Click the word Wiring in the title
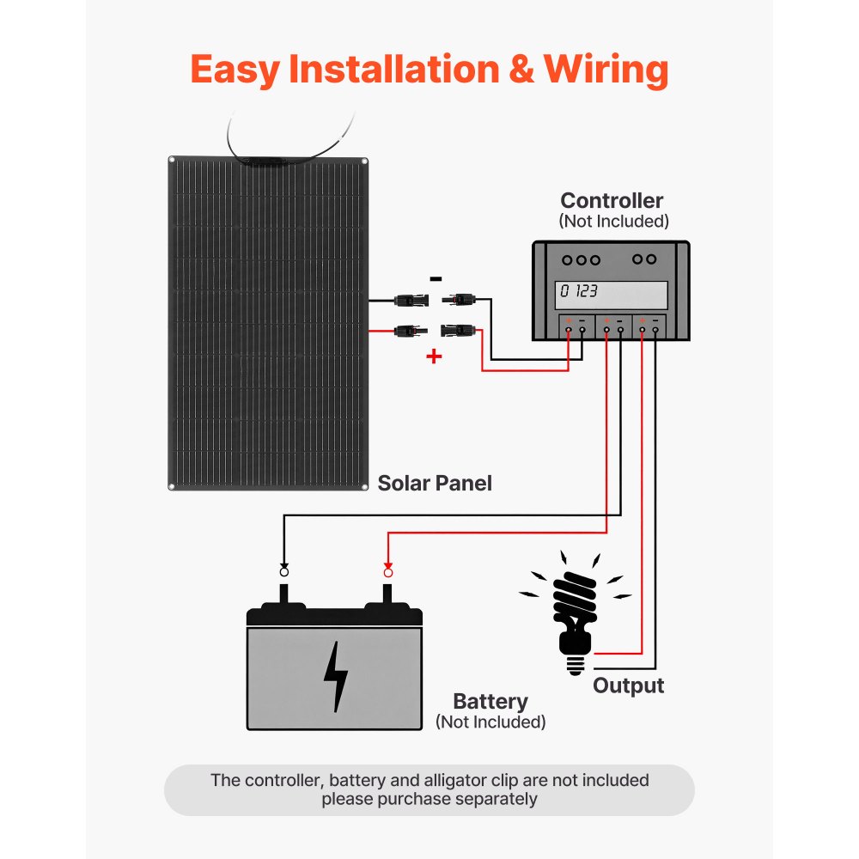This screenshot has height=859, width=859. point(606,70)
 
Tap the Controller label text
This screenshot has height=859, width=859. point(612,201)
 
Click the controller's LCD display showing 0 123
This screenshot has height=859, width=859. point(611,292)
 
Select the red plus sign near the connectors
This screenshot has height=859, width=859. point(434,356)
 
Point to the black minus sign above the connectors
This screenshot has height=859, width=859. point(436,279)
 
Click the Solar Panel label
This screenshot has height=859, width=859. point(435,484)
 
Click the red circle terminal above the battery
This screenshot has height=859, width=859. point(387,572)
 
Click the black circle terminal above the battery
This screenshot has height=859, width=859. point(284,572)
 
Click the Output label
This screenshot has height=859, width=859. point(628,686)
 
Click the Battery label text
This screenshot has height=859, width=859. point(490,702)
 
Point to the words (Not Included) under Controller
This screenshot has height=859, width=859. point(612,222)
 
